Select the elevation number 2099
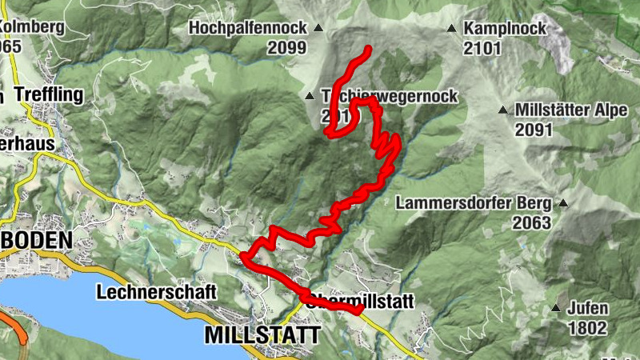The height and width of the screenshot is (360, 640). click(287, 48)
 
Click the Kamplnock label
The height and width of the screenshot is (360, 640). click(505, 29)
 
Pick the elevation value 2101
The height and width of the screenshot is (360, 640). click(482, 48)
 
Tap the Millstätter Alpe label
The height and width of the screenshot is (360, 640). click(572, 110)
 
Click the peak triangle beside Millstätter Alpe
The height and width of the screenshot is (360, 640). click(503, 110)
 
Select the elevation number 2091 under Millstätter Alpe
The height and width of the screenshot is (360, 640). click(534, 129)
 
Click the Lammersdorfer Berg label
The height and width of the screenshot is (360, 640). click(474, 203)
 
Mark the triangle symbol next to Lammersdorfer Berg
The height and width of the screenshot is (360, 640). click(563, 203)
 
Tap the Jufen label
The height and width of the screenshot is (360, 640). click(588, 308)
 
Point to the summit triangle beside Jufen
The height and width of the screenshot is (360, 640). click(555, 308)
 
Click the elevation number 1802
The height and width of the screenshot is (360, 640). click(587, 327)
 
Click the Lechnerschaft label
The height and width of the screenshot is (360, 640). click(156, 292)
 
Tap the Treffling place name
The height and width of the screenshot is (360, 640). click(47, 95)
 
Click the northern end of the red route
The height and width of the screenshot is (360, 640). click(369, 50)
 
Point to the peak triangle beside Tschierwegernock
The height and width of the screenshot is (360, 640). click(310, 97)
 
